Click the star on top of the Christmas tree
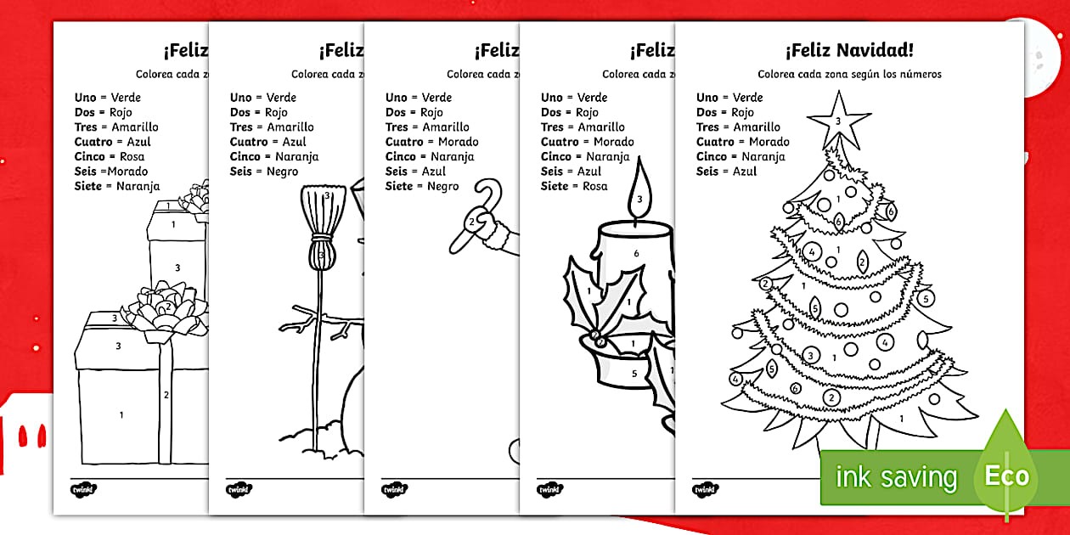coord(838,121)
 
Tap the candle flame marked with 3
coord(639,194)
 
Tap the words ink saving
coord(896,476)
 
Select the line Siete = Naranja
coord(117,186)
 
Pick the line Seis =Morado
coord(111,172)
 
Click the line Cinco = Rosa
coord(110,156)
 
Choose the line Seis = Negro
coord(264,172)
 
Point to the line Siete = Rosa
coord(574,186)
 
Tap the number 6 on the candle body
coord(636,253)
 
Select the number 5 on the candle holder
coord(634,373)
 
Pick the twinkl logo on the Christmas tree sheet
coord(705,489)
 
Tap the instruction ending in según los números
coord(849,75)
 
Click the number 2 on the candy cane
coord(470,222)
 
